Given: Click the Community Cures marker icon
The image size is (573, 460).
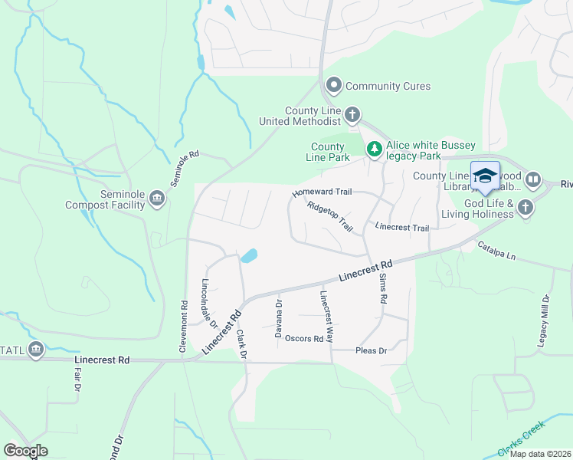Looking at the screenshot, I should [333, 85].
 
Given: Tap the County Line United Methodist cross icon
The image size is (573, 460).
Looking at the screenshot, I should [352, 115].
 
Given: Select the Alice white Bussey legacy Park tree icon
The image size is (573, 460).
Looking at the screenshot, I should [374, 149].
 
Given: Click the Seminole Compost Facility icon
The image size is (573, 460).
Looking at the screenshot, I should [157, 199].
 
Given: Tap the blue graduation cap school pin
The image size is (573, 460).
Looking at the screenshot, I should [484, 176].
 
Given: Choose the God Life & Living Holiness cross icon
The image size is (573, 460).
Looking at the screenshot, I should [525, 207].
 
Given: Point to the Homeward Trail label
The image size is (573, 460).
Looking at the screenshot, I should [321, 192].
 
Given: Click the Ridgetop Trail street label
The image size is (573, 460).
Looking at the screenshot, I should [329, 217].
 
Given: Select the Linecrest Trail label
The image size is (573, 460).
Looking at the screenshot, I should [402, 227].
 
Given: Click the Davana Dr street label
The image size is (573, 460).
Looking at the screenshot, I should [279, 315].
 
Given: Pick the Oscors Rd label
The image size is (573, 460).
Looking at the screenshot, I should [304, 338].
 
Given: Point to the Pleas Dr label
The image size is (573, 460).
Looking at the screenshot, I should [372, 350].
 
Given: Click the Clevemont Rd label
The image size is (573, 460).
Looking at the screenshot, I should [184, 325].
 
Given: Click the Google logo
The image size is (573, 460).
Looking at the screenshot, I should [25, 451].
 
